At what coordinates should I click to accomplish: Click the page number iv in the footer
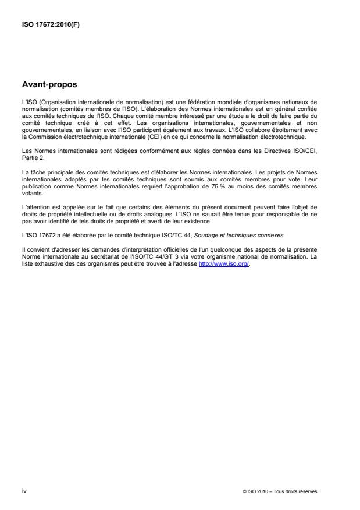coord(24,490)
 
